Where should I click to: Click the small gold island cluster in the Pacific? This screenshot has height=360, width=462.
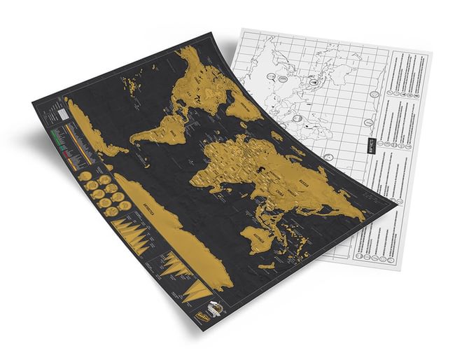(133, 88)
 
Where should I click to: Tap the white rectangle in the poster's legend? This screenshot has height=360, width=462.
(63, 111)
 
